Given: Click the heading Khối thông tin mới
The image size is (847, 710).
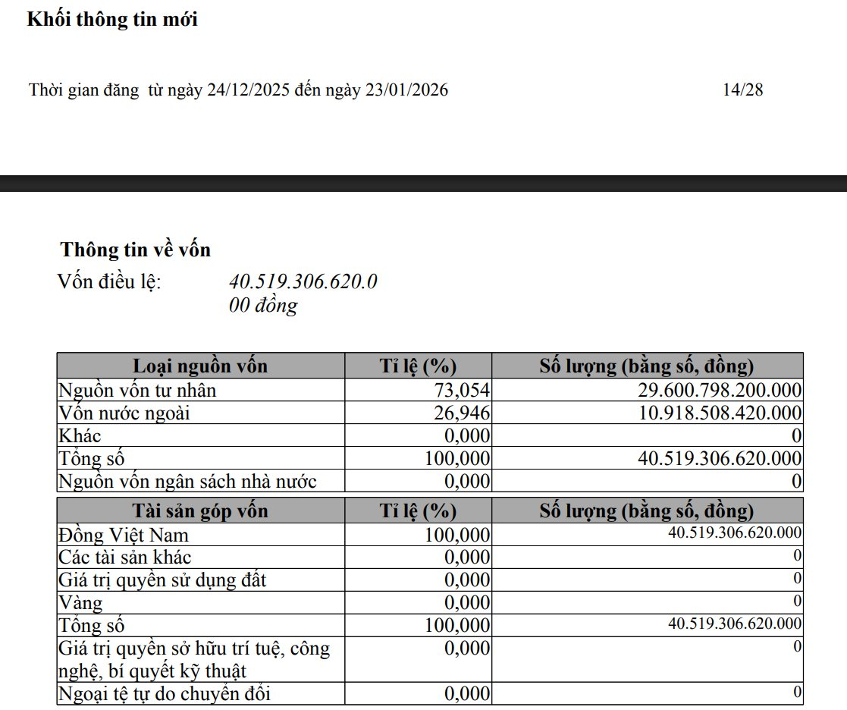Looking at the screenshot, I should point(112,20).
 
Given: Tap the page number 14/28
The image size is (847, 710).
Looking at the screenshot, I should point(742,90).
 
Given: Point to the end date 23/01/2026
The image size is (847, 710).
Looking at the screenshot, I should point(406,90).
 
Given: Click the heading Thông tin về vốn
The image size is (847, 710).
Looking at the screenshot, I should point(136,250).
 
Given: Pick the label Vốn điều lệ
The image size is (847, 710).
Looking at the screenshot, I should point(109,282).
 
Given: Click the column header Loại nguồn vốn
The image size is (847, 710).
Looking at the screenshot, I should point(200,366).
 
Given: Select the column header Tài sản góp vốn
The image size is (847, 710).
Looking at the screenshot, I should point(200,511).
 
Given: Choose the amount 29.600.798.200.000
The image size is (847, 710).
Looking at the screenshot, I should point(720,391).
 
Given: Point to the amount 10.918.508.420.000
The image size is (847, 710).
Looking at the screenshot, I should point(720,413).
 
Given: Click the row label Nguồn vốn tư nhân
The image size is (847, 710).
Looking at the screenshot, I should point(137,391).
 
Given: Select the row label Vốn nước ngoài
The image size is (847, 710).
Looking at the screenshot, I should point(124,413).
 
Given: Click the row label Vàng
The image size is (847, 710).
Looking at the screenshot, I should point(80,604).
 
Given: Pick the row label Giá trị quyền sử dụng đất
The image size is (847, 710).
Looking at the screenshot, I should point(162,581).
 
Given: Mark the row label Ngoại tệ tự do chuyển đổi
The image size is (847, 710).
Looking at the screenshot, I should point(165,694).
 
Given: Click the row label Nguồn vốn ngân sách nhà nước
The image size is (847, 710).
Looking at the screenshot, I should point(187,481).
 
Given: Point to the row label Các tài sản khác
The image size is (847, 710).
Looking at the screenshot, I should point(125,558).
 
